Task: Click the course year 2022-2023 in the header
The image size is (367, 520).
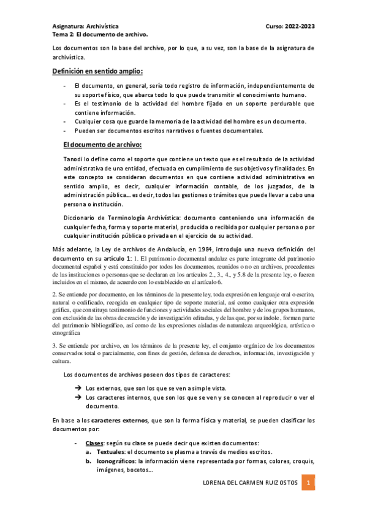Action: pyautogui.click(x=300, y=26)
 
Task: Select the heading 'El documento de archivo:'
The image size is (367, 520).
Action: pyautogui.click(x=102, y=145)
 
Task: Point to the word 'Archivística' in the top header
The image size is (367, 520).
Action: pyautogui.click(x=103, y=26)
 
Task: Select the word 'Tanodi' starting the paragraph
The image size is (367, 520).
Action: pyautogui.click(x=74, y=159)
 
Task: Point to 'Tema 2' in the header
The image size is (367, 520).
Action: pyautogui.click(x=62, y=35)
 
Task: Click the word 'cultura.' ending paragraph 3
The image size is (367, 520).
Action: pyautogui.click(x=62, y=362)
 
